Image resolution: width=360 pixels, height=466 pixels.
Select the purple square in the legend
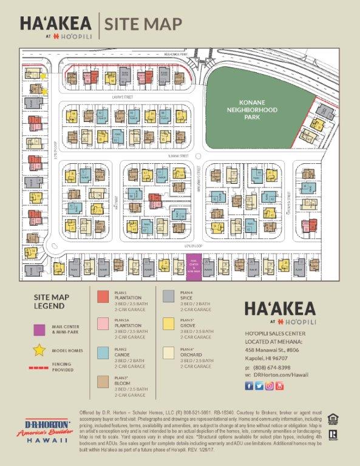(39, 329)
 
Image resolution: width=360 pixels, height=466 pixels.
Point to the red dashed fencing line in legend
(39, 368)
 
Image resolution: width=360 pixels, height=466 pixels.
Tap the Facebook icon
(249, 386)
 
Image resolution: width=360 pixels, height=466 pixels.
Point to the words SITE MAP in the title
(143, 24)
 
